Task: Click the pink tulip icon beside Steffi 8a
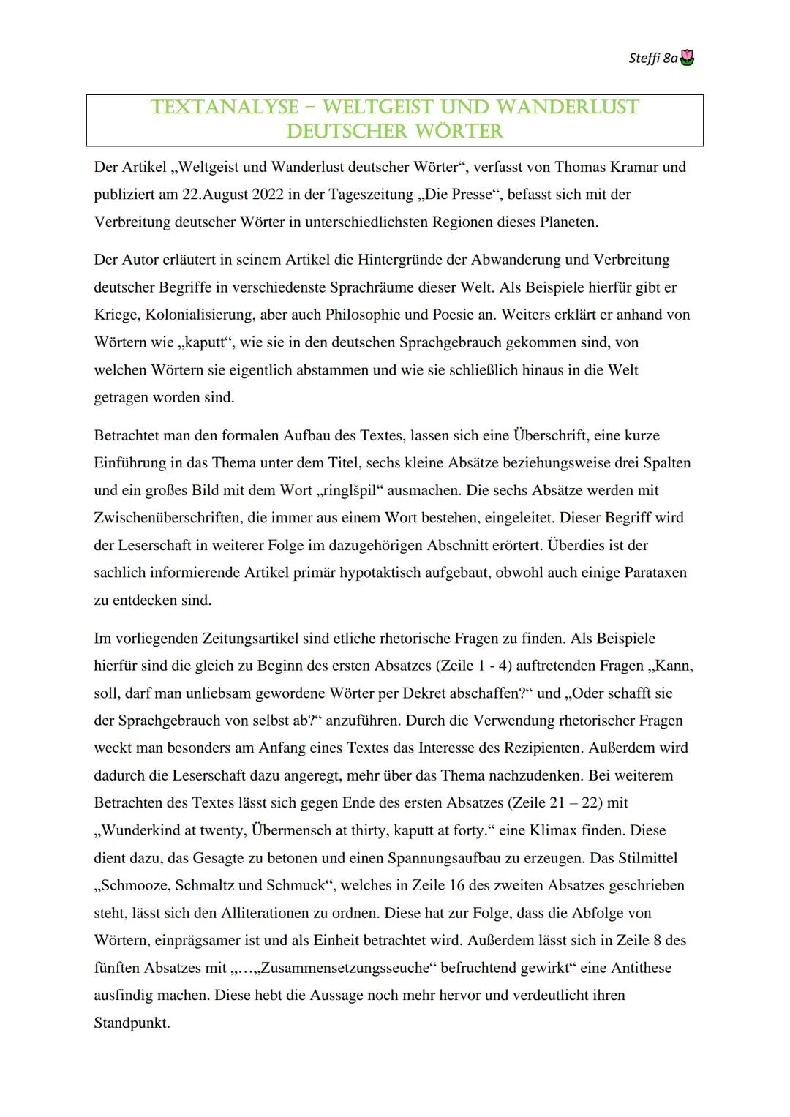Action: click(x=687, y=58)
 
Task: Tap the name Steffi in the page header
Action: click(x=644, y=58)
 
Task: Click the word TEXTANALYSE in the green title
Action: click(x=224, y=108)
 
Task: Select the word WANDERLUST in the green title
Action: click(x=567, y=108)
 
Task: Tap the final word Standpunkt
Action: click(x=131, y=1023)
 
